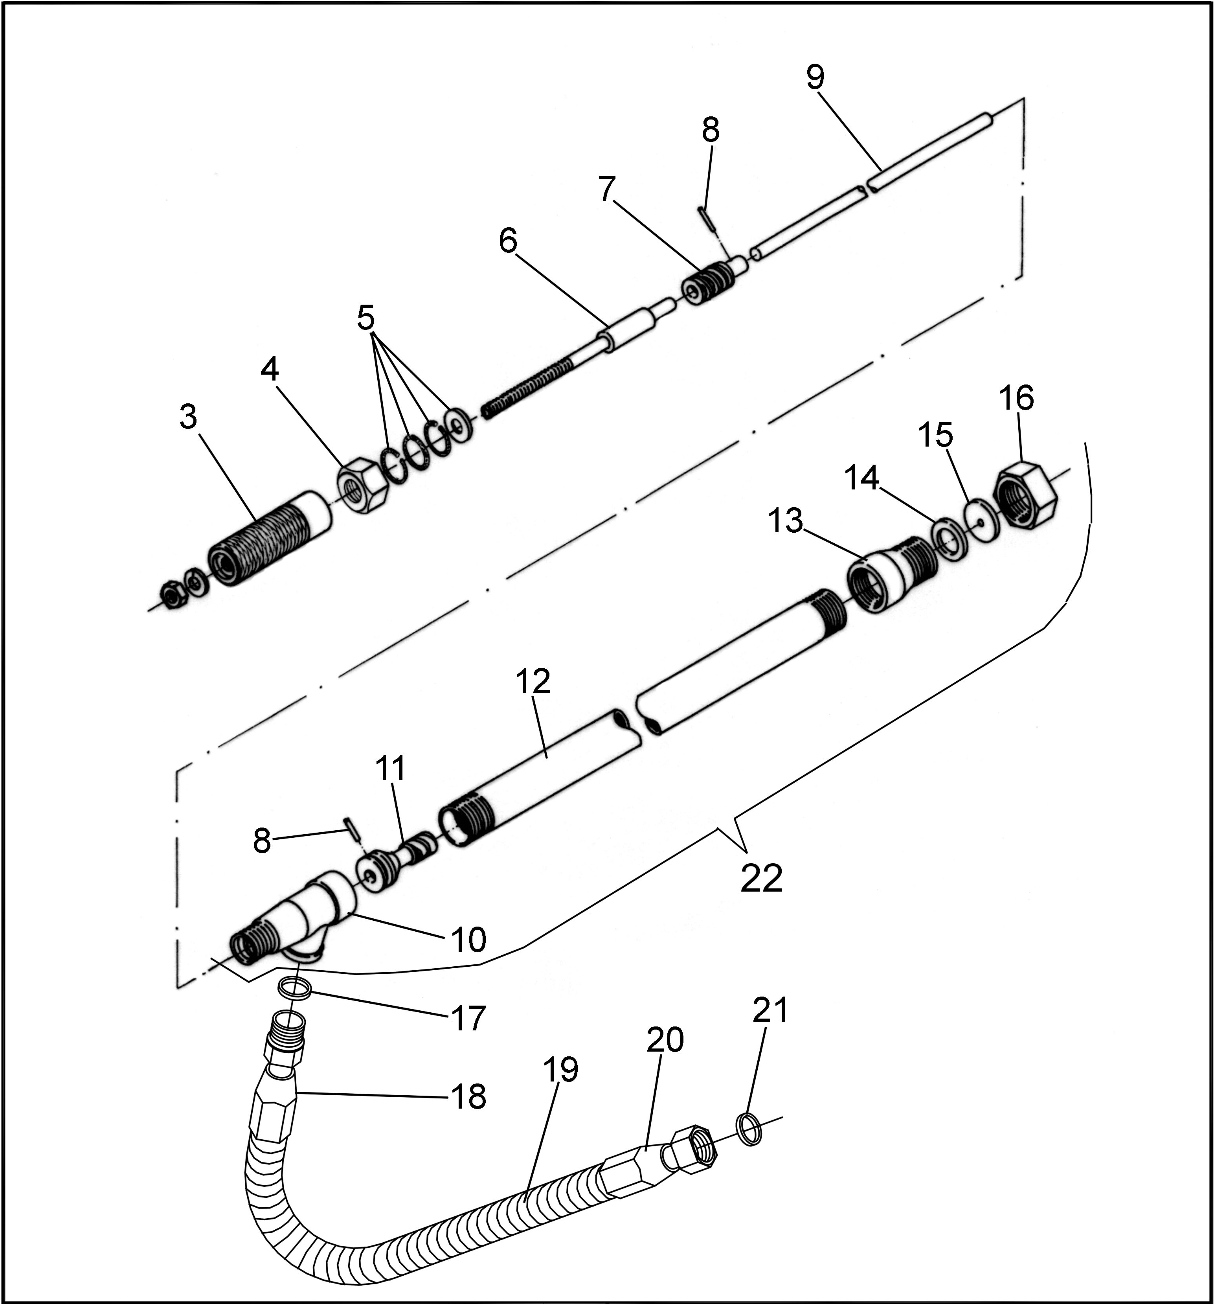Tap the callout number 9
pyautogui.click(x=815, y=78)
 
